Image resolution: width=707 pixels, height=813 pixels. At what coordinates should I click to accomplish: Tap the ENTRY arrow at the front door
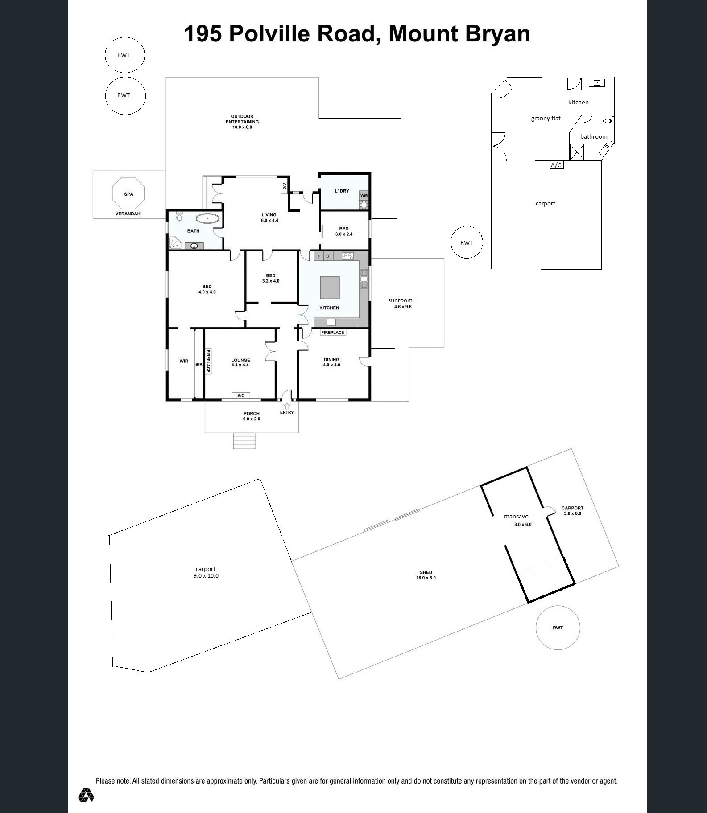(287, 406)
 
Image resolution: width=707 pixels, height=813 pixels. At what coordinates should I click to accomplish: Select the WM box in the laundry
(364, 195)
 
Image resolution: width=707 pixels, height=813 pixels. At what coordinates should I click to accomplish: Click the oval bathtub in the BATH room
(208, 219)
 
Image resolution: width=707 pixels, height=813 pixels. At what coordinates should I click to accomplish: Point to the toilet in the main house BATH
(179, 216)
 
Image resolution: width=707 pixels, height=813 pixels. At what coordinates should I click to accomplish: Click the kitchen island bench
(330, 287)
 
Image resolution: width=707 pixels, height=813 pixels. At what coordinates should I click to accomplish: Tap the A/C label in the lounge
(241, 396)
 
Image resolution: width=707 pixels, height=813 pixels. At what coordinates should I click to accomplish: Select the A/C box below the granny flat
(556, 165)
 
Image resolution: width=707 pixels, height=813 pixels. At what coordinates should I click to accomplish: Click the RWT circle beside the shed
(558, 628)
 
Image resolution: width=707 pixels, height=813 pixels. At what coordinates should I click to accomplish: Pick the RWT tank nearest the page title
(124, 55)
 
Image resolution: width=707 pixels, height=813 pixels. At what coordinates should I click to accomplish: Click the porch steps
(245, 441)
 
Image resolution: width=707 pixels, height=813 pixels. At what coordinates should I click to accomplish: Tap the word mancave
(516, 517)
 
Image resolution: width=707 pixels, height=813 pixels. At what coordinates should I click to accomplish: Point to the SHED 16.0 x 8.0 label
(426, 575)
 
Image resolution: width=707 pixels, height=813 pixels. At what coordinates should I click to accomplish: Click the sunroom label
(400, 300)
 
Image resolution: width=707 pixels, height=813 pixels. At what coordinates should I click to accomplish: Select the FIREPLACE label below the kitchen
(333, 332)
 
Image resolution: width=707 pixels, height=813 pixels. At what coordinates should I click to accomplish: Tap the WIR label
(184, 361)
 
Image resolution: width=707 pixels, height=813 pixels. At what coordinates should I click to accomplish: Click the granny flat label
(546, 119)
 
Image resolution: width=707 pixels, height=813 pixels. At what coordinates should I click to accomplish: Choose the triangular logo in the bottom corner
(86, 795)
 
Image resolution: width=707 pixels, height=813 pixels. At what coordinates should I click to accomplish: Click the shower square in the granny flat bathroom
(577, 152)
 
